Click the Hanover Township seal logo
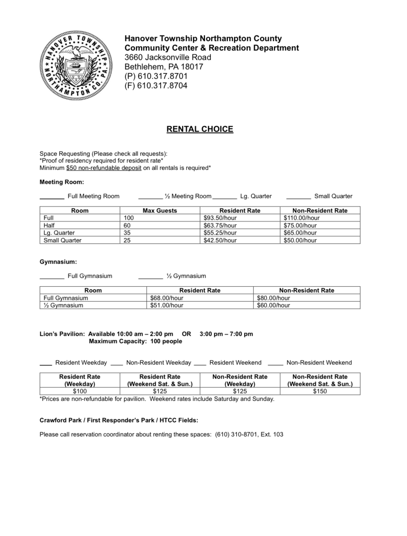(x=76, y=65)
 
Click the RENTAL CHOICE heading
(x=200, y=129)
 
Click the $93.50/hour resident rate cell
(x=220, y=218)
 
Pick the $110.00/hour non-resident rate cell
(x=302, y=218)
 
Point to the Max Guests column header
(x=160, y=211)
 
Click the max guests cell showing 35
(x=127, y=233)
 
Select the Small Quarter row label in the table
(x=62, y=240)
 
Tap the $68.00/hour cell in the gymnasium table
(x=167, y=298)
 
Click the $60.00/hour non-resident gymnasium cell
(x=273, y=305)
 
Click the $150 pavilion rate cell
(x=320, y=391)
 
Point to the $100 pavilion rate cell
(x=80, y=391)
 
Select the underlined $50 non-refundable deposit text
(x=104, y=168)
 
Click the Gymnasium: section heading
(x=58, y=262)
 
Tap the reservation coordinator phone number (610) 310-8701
(x=236, y=434)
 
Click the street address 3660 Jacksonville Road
(x=168, y=57)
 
